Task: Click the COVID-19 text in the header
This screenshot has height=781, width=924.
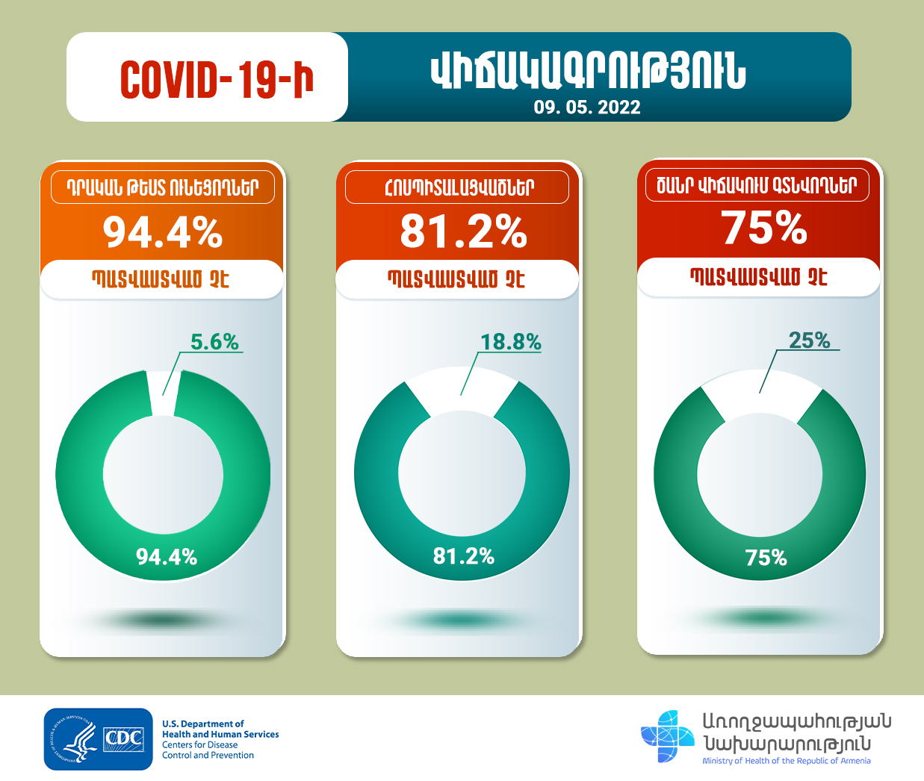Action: [217, 79]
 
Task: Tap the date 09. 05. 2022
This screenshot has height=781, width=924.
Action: [587, 108]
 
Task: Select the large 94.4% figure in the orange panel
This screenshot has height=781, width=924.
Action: [163, 232]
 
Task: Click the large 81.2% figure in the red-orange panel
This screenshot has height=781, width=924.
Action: [463, 231]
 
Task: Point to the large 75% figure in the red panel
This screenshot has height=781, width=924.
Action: [764, 228]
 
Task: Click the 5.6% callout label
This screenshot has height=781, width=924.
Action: [214, 342]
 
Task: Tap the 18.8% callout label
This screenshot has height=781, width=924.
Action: [510, 342]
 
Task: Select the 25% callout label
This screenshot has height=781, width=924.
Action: [810, 340]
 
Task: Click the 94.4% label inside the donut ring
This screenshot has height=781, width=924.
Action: [167, 556]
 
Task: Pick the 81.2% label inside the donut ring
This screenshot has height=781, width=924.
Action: [464, 556]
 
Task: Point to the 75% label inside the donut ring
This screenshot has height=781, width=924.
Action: [766, 558]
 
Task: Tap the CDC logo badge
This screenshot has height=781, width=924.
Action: [98, 739]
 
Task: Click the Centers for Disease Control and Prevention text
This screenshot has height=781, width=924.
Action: [208, 750]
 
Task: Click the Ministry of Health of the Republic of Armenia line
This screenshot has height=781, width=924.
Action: [786, 761]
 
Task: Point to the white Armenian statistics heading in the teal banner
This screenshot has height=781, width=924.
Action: [588, 72]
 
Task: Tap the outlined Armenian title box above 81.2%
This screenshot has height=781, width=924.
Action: [457, 187]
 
